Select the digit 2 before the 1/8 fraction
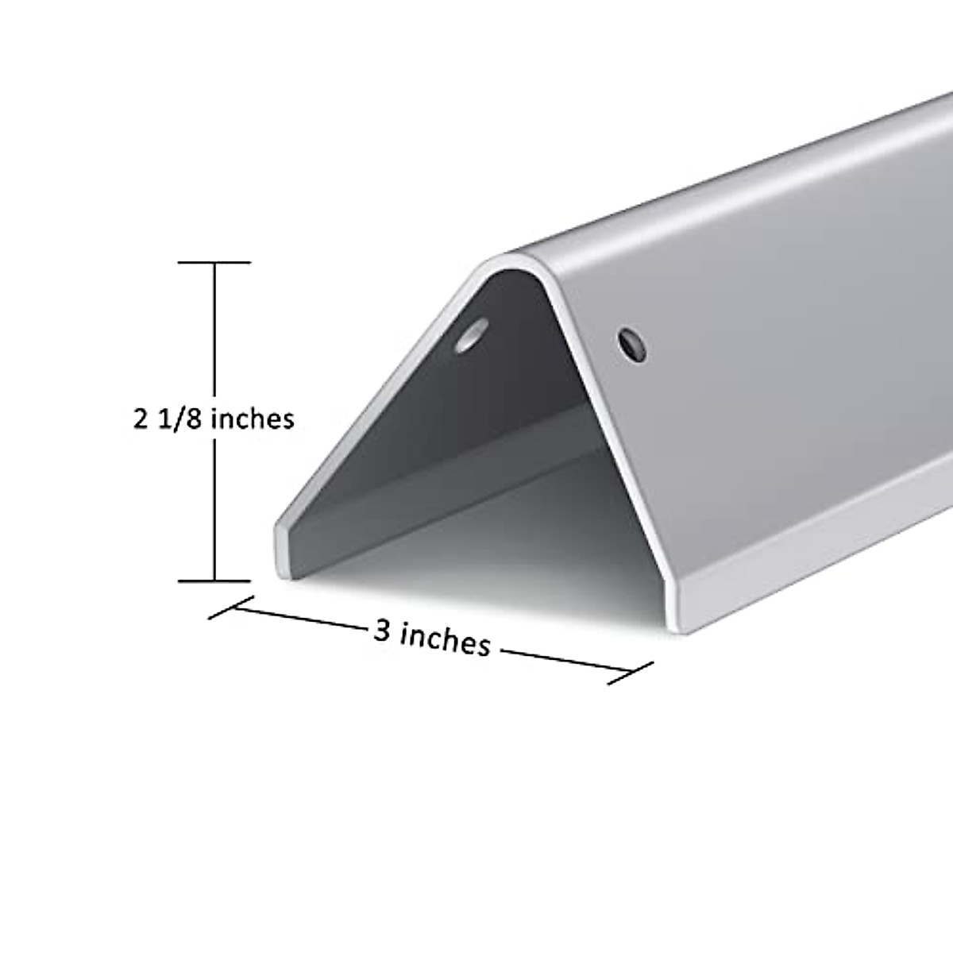tap(141, 419)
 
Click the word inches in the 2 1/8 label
tap(253, 418)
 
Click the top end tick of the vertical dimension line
tap(214, 262)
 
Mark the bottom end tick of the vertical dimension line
tap(214, 581)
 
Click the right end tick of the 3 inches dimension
tap(631, 673)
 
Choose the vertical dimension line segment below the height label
tap(214, 508)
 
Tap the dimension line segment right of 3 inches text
tap(564, 662)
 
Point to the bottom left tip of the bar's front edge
tap(281, 560)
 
